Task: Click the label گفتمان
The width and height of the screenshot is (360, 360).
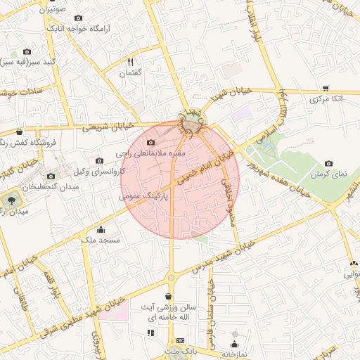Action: (x=131, y=73)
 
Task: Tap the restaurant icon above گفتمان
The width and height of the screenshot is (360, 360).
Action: (x=130, y=62)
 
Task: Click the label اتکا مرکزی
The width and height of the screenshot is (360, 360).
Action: (x=326, y=99)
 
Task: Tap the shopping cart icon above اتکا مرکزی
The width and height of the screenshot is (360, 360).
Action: (x=326, y=88)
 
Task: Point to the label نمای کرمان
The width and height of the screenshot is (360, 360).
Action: (x=327, y=173)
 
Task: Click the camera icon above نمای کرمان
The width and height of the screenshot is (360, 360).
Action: (x=328, y=162)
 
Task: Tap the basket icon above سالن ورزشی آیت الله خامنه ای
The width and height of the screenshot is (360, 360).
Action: (x=168, y=297)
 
